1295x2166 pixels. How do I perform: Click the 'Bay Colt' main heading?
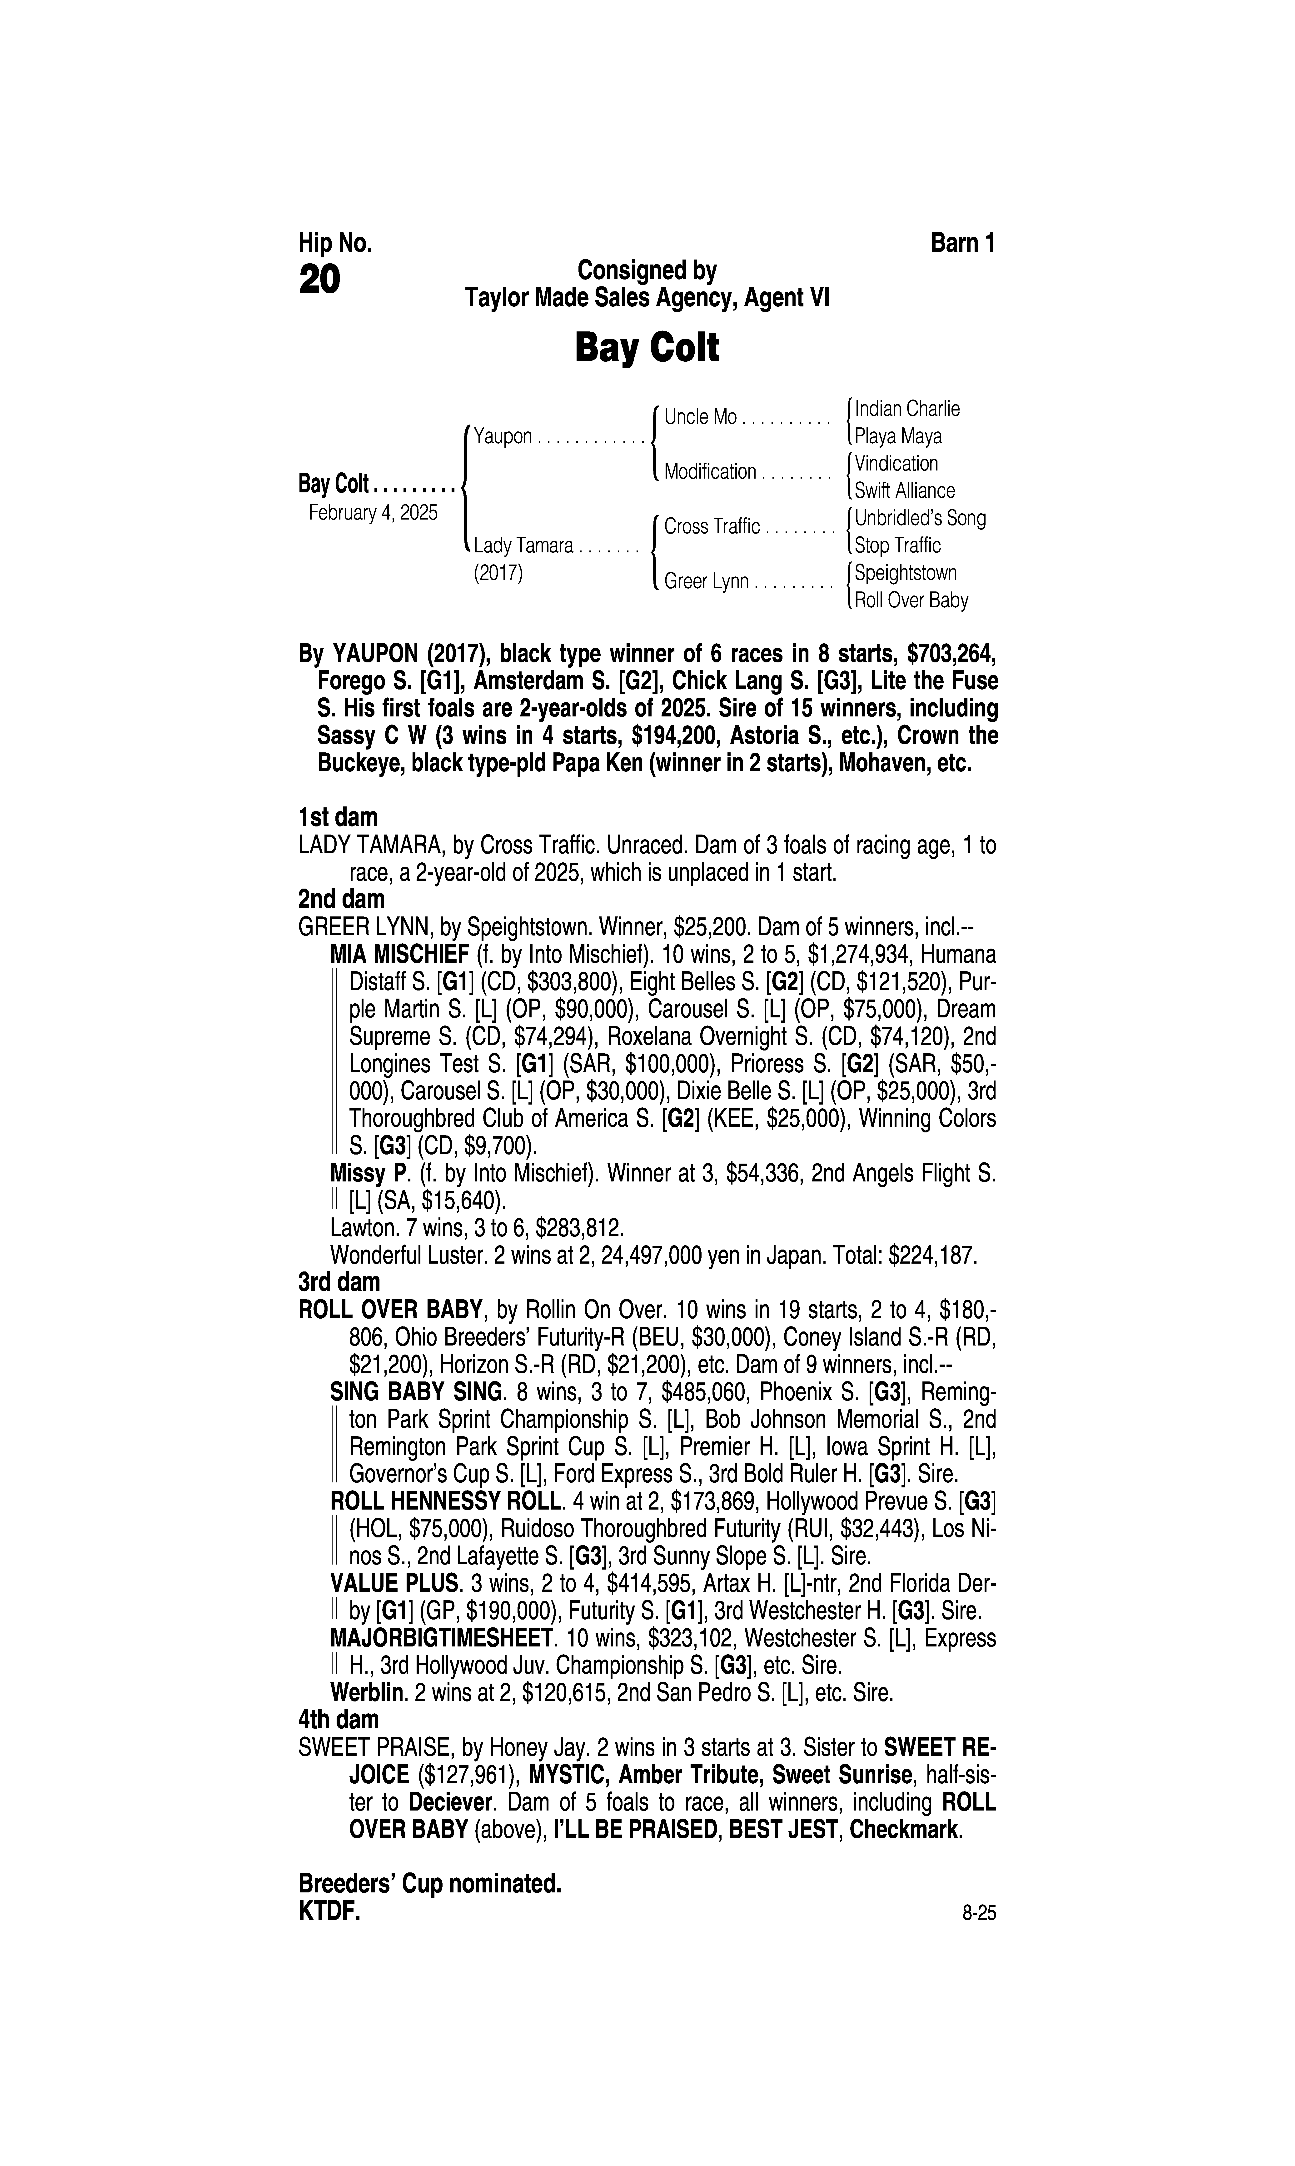pyautogui.click(x=647, y=348)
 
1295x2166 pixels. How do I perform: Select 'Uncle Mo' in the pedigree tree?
pyautogui.click(x=700, y=417)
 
